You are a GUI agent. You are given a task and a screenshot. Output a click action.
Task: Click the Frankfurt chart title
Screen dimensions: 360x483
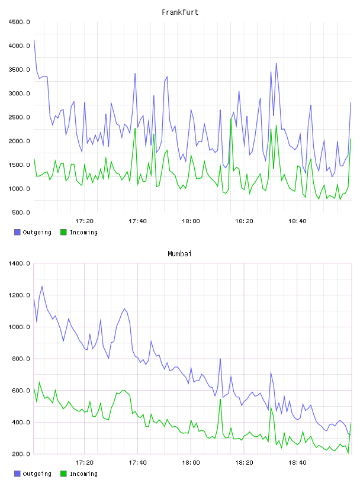(x=180, y=12)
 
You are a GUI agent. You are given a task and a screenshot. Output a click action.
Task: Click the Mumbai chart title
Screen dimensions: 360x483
(x=179, y=254)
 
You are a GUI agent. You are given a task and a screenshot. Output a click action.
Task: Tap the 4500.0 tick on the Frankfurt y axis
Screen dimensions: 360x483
(x=19, y=22)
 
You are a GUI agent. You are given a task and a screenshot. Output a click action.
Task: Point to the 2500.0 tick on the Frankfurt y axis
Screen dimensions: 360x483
(x=19, y=117)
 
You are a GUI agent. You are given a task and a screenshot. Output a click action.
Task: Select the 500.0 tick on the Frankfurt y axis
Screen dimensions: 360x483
(x=21, y=212)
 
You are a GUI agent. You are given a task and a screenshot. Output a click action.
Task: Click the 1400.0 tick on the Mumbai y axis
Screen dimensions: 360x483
(x=19, y=263)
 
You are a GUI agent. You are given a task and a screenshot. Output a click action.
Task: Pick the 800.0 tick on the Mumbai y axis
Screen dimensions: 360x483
(x=21, y=359)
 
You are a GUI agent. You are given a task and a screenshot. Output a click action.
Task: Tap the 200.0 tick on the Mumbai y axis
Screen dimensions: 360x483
(x=21, y=454)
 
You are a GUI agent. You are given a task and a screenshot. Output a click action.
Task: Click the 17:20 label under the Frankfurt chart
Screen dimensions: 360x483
(x=84, y=221)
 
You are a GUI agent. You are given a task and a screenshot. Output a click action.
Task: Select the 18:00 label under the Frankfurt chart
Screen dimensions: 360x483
(x=191, y=221)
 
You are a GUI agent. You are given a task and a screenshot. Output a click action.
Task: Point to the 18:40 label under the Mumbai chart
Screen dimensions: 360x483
(x=297, y=463)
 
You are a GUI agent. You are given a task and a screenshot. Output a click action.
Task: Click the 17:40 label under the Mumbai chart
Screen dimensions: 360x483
(x=137, y=463)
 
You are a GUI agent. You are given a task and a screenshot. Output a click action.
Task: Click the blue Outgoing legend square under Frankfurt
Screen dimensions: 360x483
(x=17, y=232)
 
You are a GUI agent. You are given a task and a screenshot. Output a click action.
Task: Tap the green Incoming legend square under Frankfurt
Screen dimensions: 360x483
(x=63, y=232)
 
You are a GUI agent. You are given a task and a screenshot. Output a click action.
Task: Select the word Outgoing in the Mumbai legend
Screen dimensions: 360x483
(x=37, y=474)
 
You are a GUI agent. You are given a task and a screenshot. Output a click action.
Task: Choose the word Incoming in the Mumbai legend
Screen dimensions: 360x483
(x=83, y=474)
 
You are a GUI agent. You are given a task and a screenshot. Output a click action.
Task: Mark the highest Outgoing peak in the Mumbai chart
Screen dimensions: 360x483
(x=42, y=286)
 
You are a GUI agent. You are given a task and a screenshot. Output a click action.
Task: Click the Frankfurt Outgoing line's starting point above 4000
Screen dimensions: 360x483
(x=34, y=40)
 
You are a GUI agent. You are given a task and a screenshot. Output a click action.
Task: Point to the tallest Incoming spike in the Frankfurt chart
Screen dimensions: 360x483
(x=231, y=119)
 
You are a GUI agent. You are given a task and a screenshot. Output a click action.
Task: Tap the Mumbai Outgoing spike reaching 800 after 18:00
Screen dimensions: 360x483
(x=220, y=359)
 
